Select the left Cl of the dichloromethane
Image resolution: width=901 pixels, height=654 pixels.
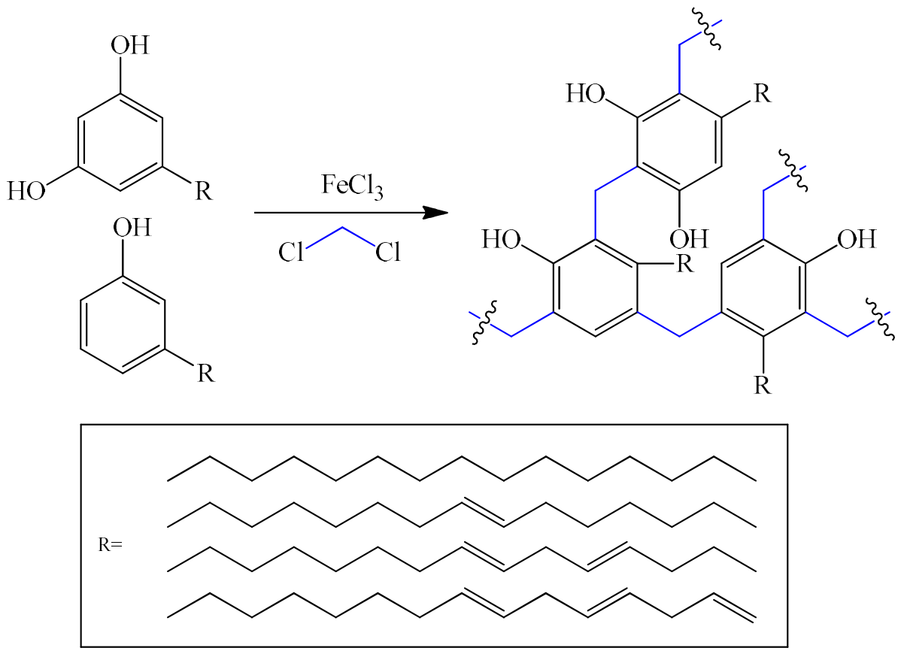(291, 252)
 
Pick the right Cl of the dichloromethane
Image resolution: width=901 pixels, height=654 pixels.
(388, 252)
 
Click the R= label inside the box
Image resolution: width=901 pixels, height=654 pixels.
(111, 544)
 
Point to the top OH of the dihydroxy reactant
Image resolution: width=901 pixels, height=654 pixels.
(130, 45)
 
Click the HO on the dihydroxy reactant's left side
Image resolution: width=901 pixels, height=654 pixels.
(26, 191)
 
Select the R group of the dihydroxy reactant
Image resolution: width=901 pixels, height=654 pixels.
(203, 191)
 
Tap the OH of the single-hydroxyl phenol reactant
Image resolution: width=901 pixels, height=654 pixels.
(132, 227)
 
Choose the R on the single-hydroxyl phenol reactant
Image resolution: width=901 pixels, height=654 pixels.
(206, 373)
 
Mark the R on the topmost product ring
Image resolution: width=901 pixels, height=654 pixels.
(762, 94)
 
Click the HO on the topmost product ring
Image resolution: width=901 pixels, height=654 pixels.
(586, 94)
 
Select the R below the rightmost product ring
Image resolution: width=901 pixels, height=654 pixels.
(762, 385)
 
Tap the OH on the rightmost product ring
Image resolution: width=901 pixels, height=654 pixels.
(857, 239)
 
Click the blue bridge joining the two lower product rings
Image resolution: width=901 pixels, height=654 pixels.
(679, 325)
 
